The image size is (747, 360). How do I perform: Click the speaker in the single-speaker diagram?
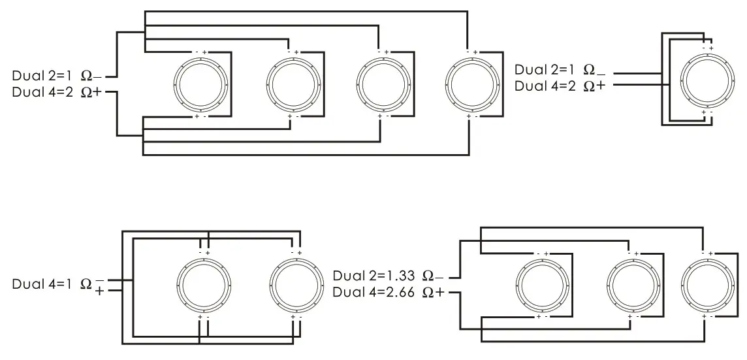pyautogui.click(x=707, y=80)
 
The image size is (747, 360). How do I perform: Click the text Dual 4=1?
pyautogui.click(x=42, y=284)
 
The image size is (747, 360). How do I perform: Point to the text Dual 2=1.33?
pyautogui.click(x=374, y=274)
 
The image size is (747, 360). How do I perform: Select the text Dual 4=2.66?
pyautogui.click(x=374, y=292)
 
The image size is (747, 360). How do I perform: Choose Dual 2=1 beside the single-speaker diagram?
pyautogui.click(x=545, y=69)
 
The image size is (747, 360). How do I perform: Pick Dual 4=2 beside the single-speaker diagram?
pyautogui.click(x=545, y=86)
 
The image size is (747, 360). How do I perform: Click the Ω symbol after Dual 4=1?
pyautogui.click(x=86, y=284)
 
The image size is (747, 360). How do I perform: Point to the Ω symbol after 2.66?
pyautogui.click(x=428, y=293)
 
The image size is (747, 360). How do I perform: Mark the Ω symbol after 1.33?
pyautogui.click(x=428, y=275)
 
